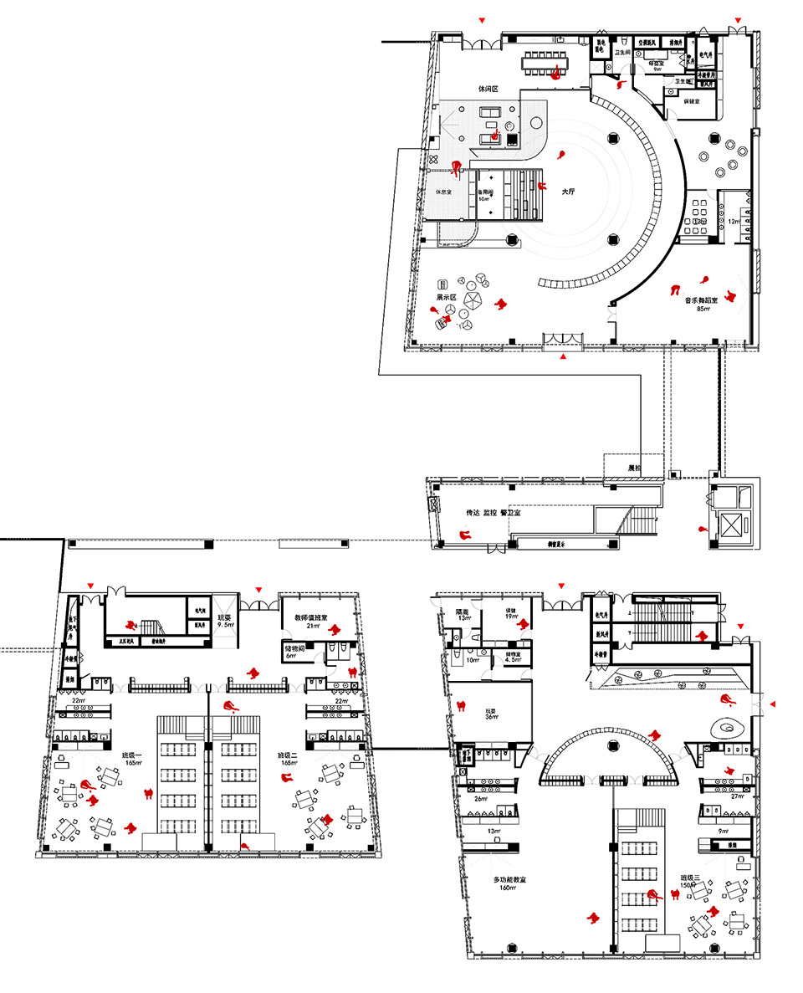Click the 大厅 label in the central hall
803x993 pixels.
click(x=568, y=192)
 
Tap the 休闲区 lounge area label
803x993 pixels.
click(x=488, y=87)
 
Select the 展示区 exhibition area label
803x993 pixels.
click(x=445, y=298)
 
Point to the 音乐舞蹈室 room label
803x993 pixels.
click(x=703, y=300)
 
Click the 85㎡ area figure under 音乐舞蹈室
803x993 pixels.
click(x=703, y=310)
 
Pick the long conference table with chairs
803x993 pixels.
click(x=555, y=61)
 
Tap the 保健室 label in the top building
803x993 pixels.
click(x=691, y=100)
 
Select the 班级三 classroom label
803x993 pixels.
click(x=690, y=878)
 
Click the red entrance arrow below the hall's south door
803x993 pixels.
click(x=564, y=357)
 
